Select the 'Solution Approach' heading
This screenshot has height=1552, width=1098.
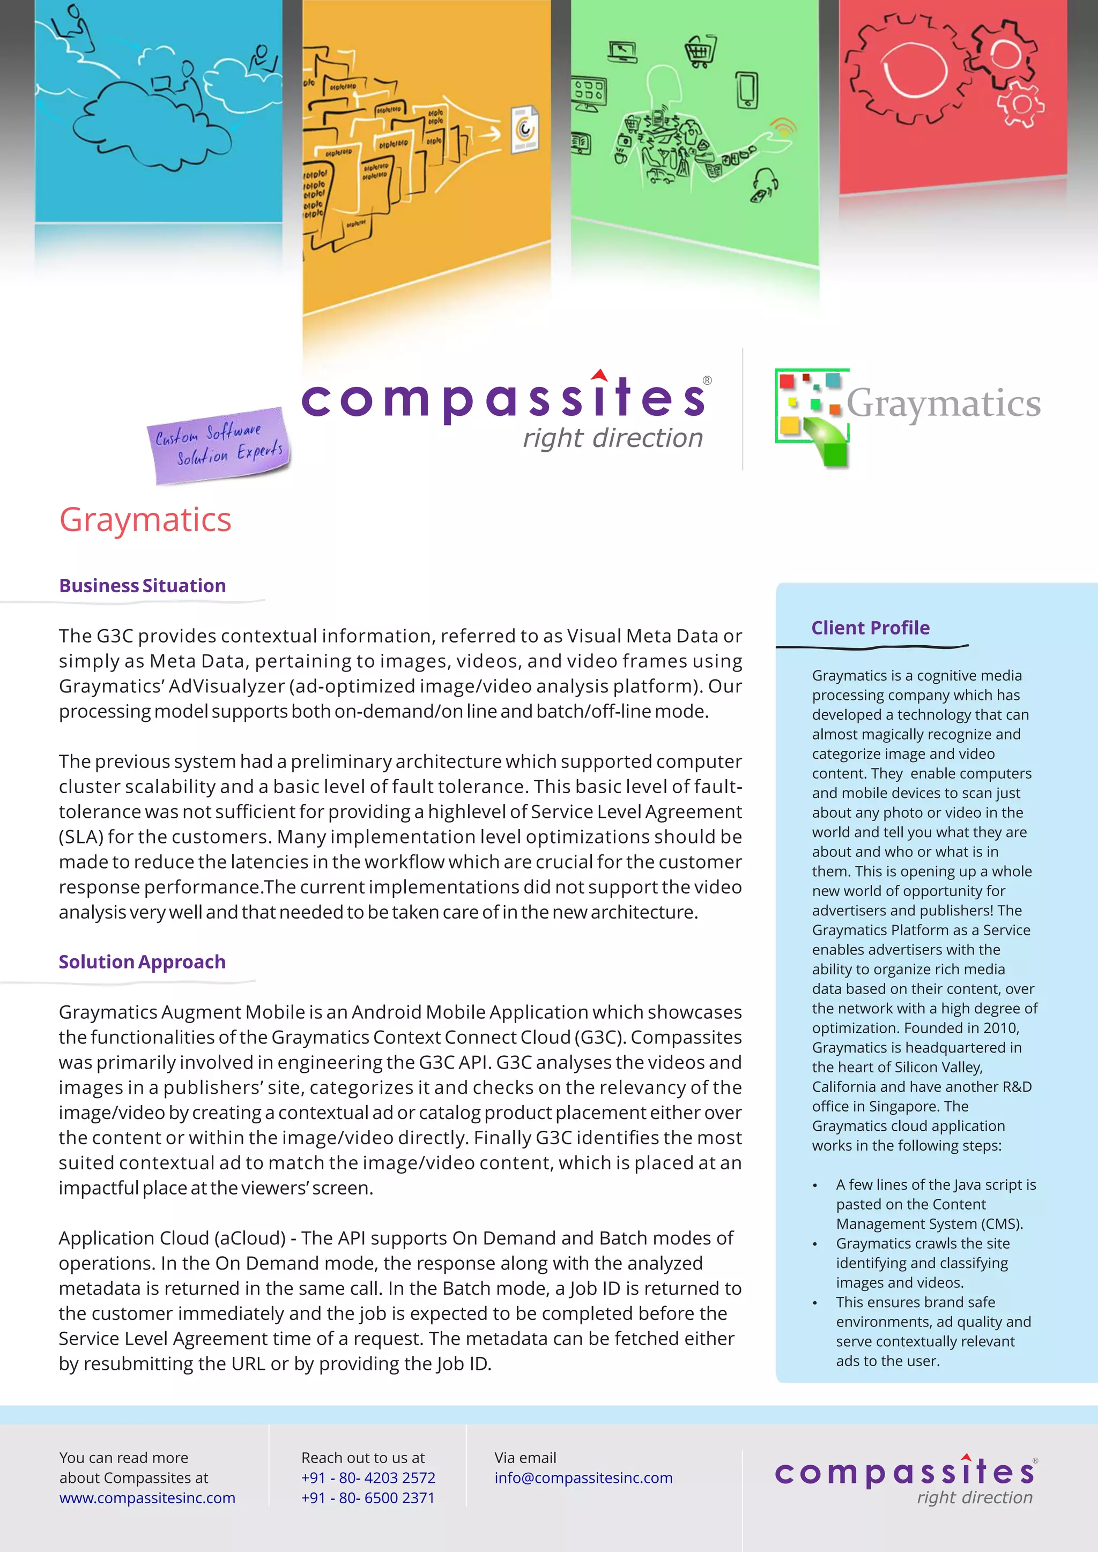click(x=142, y=961)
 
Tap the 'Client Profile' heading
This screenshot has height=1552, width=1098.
click(x=870, y=628)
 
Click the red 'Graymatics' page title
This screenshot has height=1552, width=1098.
click(x=145, y=520)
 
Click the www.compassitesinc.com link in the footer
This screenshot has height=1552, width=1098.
click(x=147, y=1498)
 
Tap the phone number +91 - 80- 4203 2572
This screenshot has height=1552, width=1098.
click(x=368, y=1478)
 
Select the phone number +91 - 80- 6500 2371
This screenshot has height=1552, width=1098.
click(x=368, y=1498)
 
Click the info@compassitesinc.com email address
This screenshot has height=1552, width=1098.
click(x=583, y=1478)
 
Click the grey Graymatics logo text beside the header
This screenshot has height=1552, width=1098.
click(x=943, y=404)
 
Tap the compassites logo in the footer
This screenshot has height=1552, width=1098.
click(x=906, y=1480)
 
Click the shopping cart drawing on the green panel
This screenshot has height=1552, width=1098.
click(x=700, y=51)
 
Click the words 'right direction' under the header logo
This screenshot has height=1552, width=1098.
click(x=613, y=438)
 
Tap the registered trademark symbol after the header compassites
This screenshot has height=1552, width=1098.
click(x=707, y=380)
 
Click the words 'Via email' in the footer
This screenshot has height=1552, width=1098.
click(x=525, y=1457)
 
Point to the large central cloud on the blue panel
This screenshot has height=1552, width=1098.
click(x=152, y=125)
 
